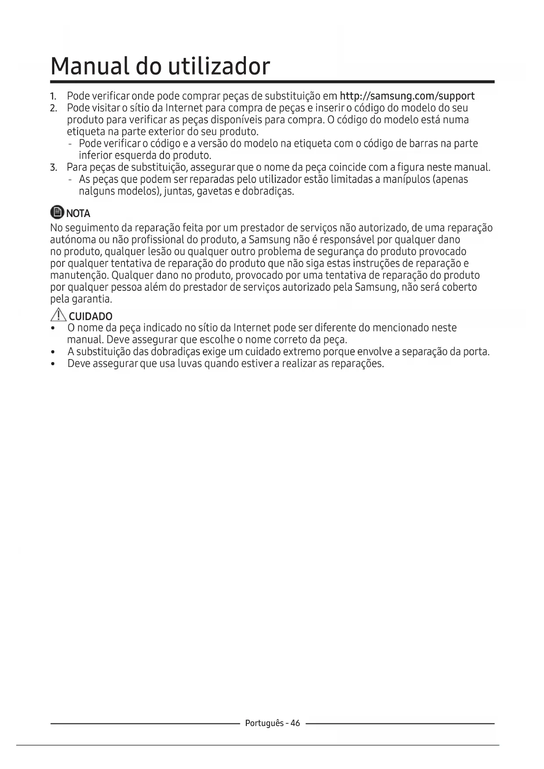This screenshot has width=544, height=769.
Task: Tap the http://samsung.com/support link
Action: pyautogui.click(x=407, y=96)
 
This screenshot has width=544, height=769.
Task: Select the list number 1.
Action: pyautogui.click(x=53, y=96)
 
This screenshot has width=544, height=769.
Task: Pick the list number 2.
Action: pyautogui.click(x=53, y=108)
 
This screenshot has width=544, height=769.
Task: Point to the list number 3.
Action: pyautogui.click(x=53, y=167)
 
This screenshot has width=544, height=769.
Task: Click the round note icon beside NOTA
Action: pyautogui.click(x=57, y=213)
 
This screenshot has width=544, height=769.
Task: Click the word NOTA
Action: pyautogui.click(x=78, y=214)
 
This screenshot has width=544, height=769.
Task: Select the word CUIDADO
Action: pyautogui.click(x=91, y=317)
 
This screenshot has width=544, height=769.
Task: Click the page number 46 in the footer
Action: pyautogui.click(x=295, y=723)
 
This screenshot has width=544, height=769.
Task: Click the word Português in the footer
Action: pyautogui.click(x=264, y=723)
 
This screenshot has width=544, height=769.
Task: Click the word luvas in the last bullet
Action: pyautogui.click(x=189, y=364)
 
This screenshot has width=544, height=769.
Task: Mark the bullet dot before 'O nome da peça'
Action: pyautogui.click(x=53, y=328)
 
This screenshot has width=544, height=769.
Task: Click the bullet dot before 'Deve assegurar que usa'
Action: pyautogui.click(x=53, y=364)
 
